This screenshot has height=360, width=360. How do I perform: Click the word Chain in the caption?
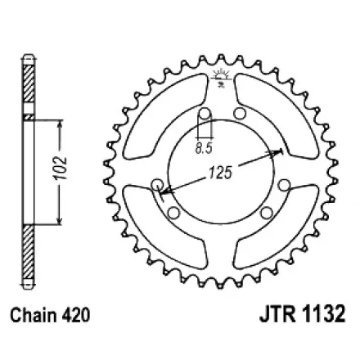(x=33, y=314)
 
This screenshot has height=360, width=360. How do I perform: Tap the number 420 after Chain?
(x=73, y=314)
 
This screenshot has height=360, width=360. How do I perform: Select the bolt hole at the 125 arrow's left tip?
(x=158, y=187)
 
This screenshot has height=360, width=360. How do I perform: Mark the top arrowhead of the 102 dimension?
(x=62, y=123)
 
